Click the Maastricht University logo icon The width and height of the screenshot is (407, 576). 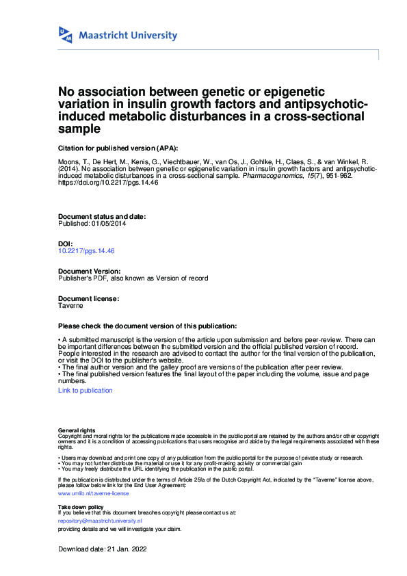click(x=66, y=35)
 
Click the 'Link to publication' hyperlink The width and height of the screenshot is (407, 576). click(x=86, y=391)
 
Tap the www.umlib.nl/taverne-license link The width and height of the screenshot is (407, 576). click(x=93, y=493)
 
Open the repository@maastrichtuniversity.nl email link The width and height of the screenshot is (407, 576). click(x=100, y=521)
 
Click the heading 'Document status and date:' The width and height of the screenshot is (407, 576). click(x=102, y=216)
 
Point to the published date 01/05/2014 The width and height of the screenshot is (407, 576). click(x=107, y=224)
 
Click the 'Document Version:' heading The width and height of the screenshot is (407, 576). click(x=89, y=272)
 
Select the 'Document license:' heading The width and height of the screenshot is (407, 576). click(x=89, y=299)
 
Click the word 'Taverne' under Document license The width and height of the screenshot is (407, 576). click(x=71, y=306)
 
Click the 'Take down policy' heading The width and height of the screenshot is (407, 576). click(x=81, y=506)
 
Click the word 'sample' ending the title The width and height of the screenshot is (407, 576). click(x=79, y=129)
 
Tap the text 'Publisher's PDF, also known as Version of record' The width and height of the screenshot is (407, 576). click(x=133, y=278)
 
